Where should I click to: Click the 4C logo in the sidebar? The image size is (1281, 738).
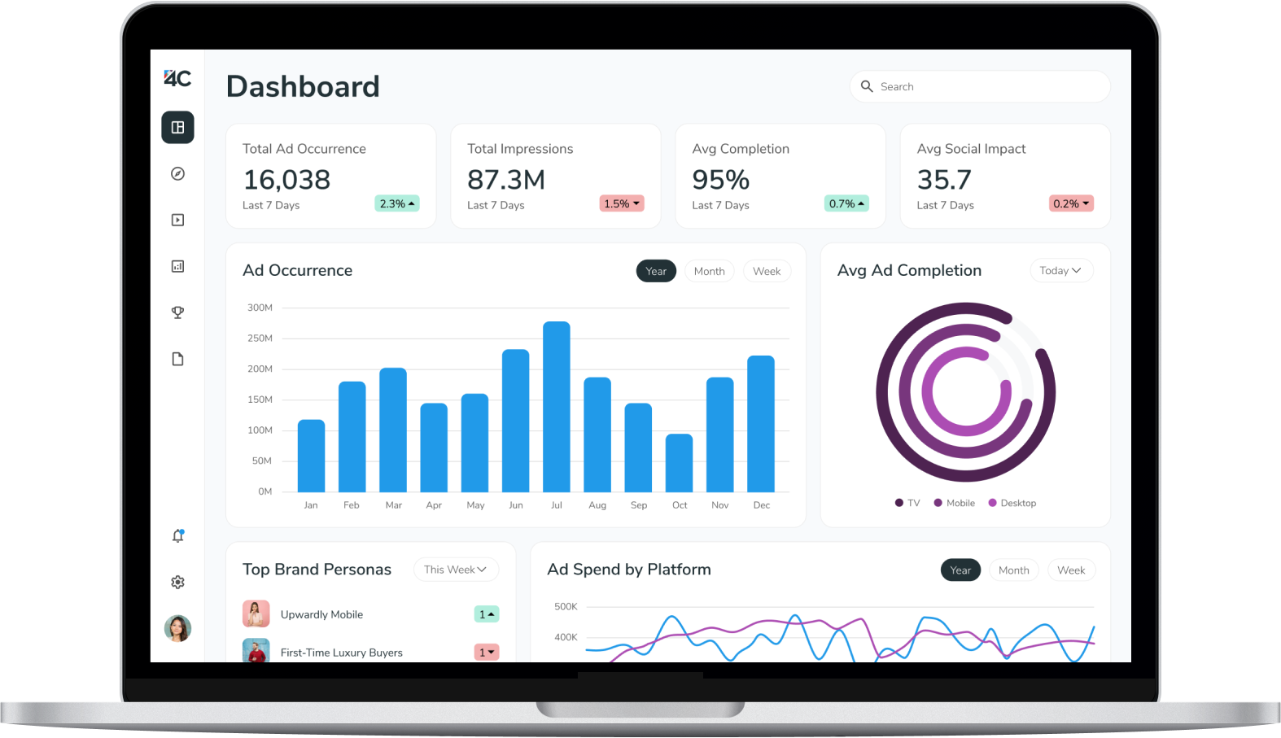pyautogui.click(x=177, y=78)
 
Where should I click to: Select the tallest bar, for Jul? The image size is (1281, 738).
pyautogui.click(x=557, y=406)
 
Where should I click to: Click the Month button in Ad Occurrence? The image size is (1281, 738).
pyautogui.click(x=709, y=271)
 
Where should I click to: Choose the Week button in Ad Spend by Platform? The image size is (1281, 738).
pyautogui.click(x=1071, y=570)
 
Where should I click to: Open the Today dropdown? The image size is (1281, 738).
pyautogui.click(x=1060, y=271)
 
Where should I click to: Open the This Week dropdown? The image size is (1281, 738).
pyautogui.click(x=455, y=570)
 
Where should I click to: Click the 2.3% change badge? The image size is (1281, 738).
pyautogui.click(x=396, y=203)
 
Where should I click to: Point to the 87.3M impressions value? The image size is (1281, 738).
pyautogui.click(x=506, y=180)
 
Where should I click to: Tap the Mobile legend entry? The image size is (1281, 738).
pyautogui.click(x=955, y=503)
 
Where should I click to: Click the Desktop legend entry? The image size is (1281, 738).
pyautogui.click(x=1012, y=503)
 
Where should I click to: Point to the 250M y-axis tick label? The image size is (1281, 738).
pyautogui.click(x=260, y=338)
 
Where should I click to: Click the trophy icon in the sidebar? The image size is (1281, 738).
pyautogui.click(x=177, y=312)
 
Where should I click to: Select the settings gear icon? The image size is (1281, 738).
pyautogui.click(x=177, y=582)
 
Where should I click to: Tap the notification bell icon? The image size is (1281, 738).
pyautogui.click(x=177, y=535)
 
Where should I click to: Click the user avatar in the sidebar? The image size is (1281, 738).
pyautogui.click(x=177, y=628)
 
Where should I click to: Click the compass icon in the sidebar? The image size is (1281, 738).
pyautogui.click(x=177, y=173)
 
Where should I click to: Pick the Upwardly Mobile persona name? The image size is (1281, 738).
pyautogui.click(x=321, y=614)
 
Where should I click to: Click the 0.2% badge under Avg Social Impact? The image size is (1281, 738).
pyautogui.click(x=1071, y=203)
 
